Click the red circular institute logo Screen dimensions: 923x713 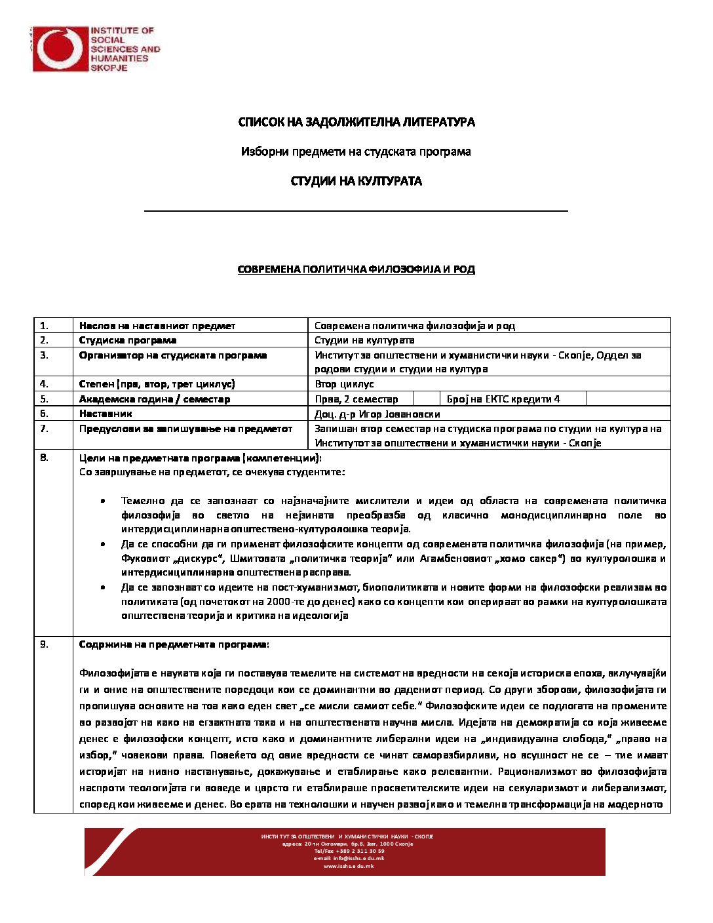click(x=60, y=49)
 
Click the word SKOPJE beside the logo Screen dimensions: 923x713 click(x=109, y=68)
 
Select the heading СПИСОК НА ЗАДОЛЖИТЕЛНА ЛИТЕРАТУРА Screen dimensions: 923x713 click(x=356, y=122)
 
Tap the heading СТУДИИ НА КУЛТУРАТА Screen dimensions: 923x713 click(x=356, y=181)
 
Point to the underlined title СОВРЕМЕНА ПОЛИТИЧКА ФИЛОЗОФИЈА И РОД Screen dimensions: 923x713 click(x=356, y=269)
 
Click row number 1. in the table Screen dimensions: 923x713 click(x=44, y=325)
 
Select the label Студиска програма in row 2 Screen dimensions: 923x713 click(x=128, y=340)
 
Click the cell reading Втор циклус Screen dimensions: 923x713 click(x=344, y=384)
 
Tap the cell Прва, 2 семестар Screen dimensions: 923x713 click(x=356, y=399)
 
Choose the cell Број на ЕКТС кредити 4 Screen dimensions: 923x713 click(x=503, y=399)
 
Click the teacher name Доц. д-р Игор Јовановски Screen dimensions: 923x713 click(x=377, y=414)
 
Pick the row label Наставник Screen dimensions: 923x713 click(x=106, y=414)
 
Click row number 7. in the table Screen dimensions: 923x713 click(x=44, y=428)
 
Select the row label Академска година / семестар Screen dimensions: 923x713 click(x=155, y=399)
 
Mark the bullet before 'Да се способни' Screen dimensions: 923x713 click(x=104, y=544)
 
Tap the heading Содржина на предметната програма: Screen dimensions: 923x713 click(x=174, y=644)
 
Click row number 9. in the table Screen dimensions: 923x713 click(x=44, y=644)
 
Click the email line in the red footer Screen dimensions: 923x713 click(x=349, y=858)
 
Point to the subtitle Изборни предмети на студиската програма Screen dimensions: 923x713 click(x=356, y=151)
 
